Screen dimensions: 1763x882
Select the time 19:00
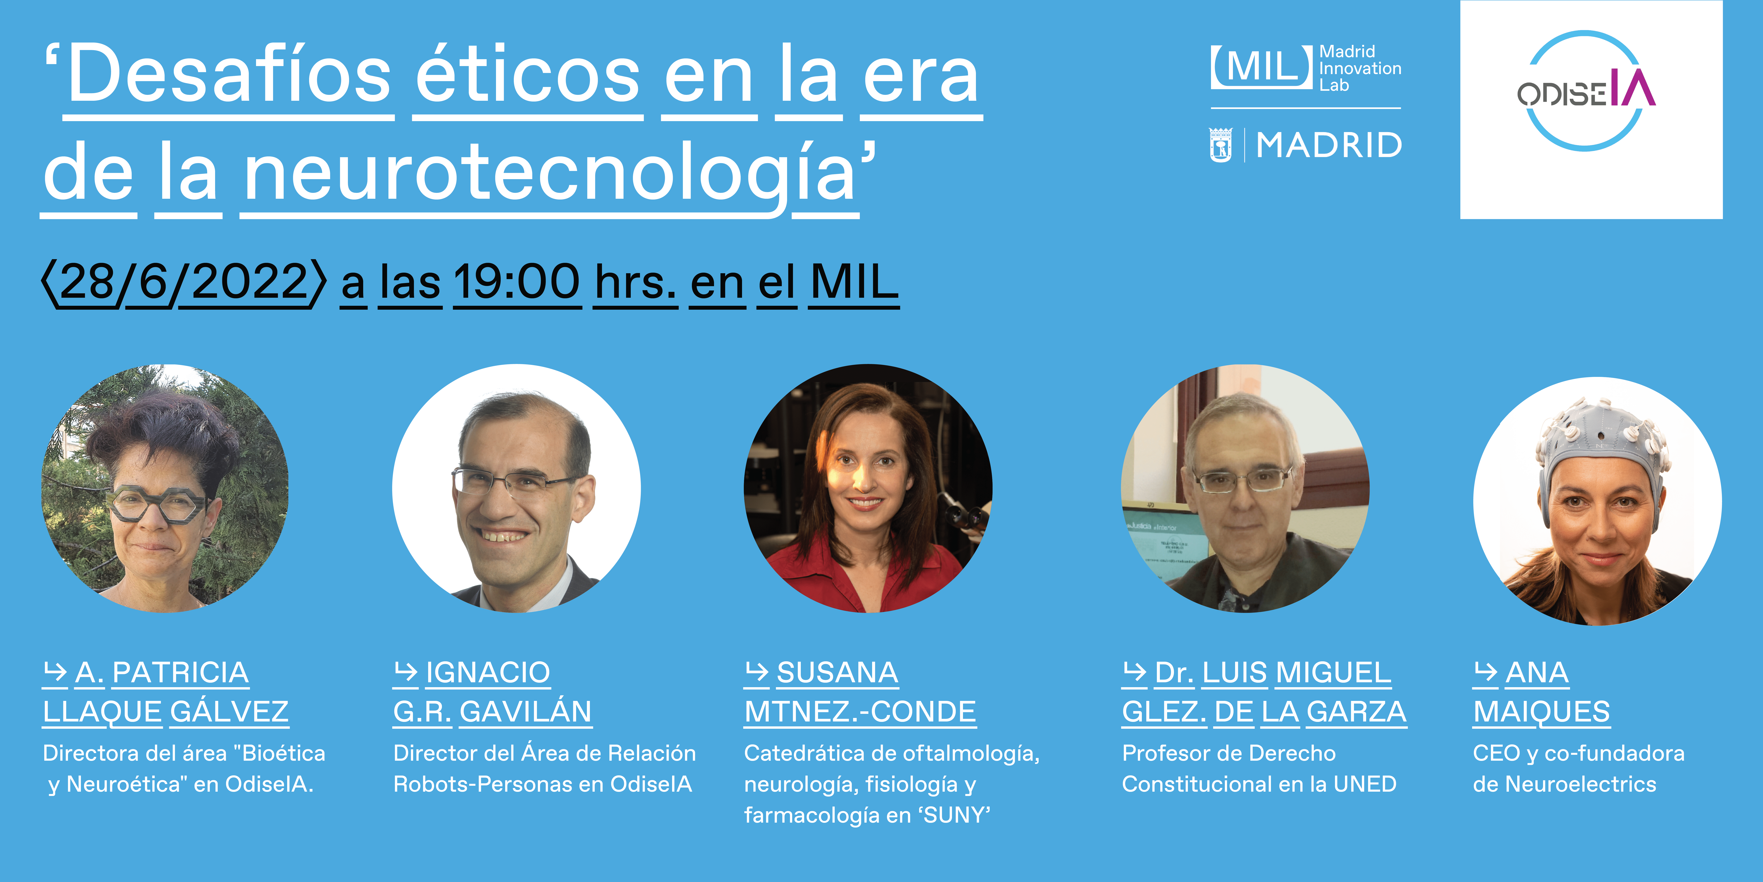tap(517, 282)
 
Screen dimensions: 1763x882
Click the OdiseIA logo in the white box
tap(1586, 91)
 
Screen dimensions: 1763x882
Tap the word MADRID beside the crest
tap(1328, 145)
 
